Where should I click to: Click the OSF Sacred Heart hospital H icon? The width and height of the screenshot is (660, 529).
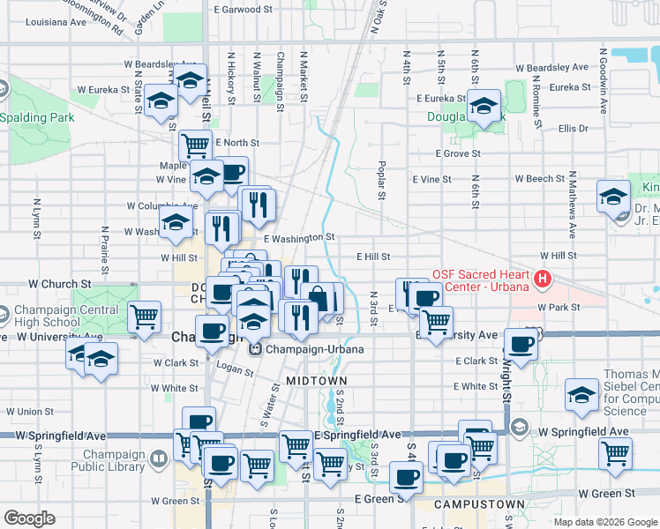(x=543, y=280)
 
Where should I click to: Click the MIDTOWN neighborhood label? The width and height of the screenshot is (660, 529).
(x=316, y=380)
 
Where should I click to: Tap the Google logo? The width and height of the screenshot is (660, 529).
(x=29, y=518)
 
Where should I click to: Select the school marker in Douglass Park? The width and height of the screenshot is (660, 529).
(x=483, y=108)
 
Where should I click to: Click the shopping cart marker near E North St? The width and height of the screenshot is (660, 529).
(x=195, y=145)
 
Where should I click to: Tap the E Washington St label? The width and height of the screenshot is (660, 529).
(x=299, y=237)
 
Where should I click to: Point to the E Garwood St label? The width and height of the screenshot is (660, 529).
(x=244, y=10)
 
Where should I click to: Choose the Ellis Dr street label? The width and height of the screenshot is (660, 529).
(x=573, y=129)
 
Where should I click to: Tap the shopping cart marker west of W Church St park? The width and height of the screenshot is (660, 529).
(x=144, y=317)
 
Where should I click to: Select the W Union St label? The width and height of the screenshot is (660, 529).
(x=30, y=412)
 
